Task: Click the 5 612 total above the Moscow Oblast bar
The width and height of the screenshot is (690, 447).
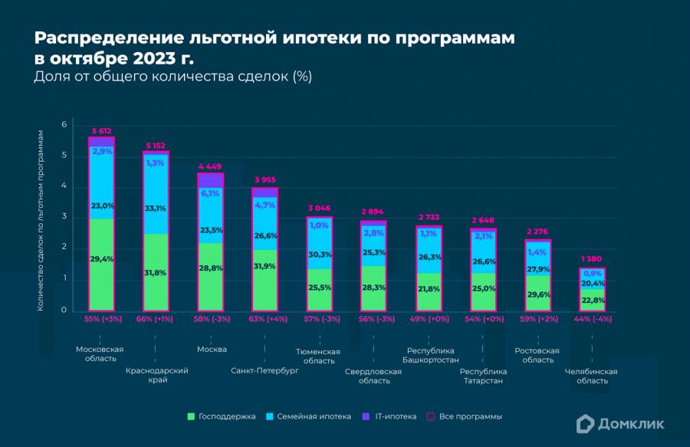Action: pyautogui.click(x=101, y=131)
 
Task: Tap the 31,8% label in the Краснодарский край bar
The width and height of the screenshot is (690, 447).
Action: pyautogui.click(x=156, y=273)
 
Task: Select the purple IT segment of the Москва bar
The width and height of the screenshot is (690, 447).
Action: pyautogui.click(x=212, y=180)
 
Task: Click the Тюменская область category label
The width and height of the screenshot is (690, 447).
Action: pyautogui.click(x=318, y=356)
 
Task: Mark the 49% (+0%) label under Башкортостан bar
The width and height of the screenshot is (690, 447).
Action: pyautogui.click(x=428, y=318)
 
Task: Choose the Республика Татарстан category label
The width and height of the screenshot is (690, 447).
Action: pyautogui.click(x=482, y=376)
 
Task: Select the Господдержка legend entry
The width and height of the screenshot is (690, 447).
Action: pyautogui.click(x=222, y=416)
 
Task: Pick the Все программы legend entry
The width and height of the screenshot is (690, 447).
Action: pyautogui.click(x=465, y=416)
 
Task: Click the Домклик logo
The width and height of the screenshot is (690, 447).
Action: pyautogui.click(x=621, y=422)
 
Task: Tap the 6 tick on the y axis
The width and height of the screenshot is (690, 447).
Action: pyautogui.click(x=64, y=125)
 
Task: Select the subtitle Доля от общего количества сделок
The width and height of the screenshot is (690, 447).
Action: pyautogui.click(x=172, y=77)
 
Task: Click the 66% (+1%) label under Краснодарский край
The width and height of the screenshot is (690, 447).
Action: pyautogui.click(x=156, y=318)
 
